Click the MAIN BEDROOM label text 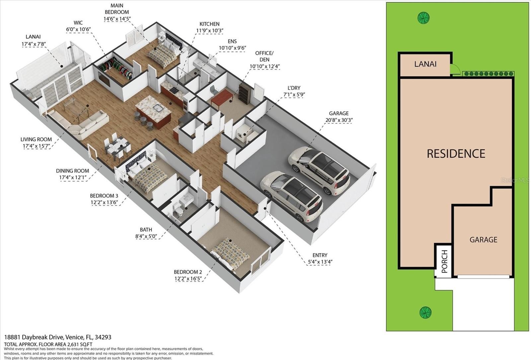tap(117, 9)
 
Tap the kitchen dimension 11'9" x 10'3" tap(209, 31)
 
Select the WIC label tap(78, 23)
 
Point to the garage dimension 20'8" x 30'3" tap(339, 120)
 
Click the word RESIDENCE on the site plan tap(456, 153)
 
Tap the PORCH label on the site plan tap(444, 261)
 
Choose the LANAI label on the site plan tap(425, 64)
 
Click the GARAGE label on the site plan tap(483, 239)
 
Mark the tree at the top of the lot tap(423, 18)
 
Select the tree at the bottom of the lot tap(425, 312)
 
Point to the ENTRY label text tap(320, 255)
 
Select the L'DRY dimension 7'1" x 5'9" tap(294, 94)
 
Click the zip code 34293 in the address tap(103, 337)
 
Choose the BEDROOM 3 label tap(104, 196)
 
